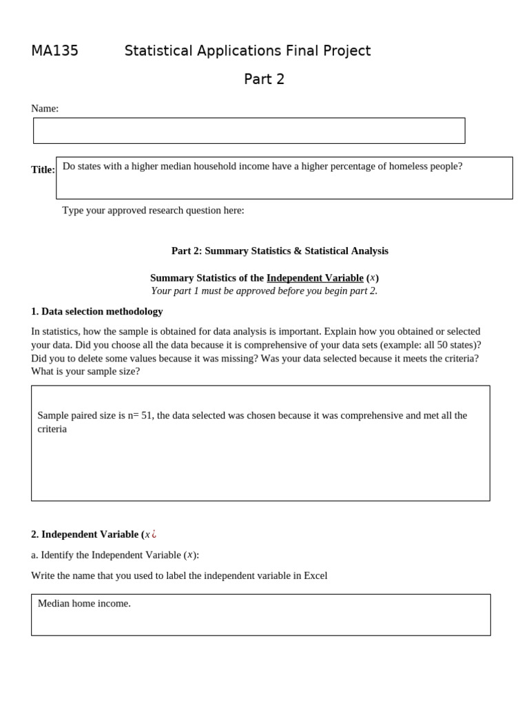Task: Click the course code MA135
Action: pos(54,51)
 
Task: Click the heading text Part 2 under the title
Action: pos(264,79)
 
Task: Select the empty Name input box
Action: pos(249,131)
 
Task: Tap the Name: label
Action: pos(45,109)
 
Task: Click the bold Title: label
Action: pos(43,170)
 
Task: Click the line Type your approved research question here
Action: pos(153,211)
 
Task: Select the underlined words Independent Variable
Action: pos(315,278)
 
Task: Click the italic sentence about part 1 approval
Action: pos(264,291)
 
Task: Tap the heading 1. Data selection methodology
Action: pos(97,311)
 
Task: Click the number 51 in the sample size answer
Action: pos(147,416)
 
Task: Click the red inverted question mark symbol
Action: pos(154,534)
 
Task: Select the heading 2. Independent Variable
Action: pos(89,534)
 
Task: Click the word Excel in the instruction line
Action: pos(315,576)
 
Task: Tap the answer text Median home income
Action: pos(84,604)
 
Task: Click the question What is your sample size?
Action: pos(85,371)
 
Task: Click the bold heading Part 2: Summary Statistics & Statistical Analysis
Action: pos(280,251)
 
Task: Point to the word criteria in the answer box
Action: pos(52,429)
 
